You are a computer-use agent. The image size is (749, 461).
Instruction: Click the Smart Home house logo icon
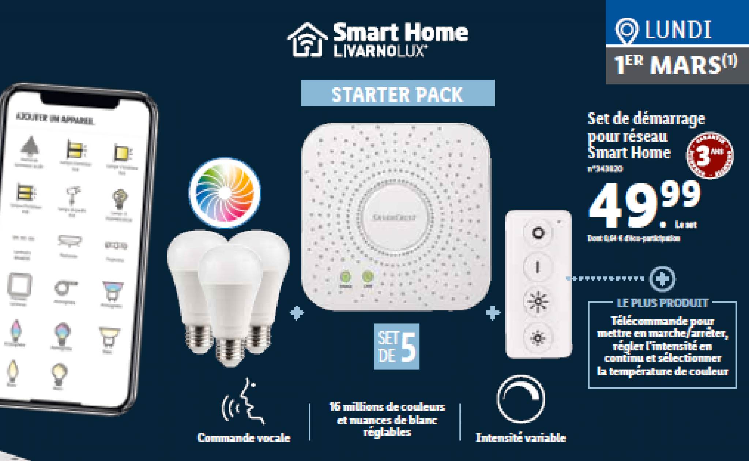coord(307,40)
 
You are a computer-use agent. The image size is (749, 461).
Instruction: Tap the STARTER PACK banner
coord(398,94)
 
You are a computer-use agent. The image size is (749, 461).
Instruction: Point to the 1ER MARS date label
coord(675,65)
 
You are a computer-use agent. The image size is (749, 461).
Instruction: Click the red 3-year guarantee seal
coord(710,155)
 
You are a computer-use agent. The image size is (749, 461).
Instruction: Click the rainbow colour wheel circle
coord(225,193)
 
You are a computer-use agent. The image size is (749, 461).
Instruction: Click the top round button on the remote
coord(538,233)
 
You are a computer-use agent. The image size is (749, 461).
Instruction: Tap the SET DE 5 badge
coord(396,346)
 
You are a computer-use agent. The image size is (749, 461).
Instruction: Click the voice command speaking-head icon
coord(244,402)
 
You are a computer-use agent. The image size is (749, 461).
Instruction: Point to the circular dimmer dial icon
coord(521,399)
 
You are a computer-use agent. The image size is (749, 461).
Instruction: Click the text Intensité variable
coord(520,438)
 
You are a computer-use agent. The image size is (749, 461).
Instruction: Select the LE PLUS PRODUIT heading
coord(662,303)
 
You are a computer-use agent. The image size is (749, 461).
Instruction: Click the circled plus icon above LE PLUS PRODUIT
coord(662,279)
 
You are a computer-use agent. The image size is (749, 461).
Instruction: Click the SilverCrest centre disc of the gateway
coord(394,218)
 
